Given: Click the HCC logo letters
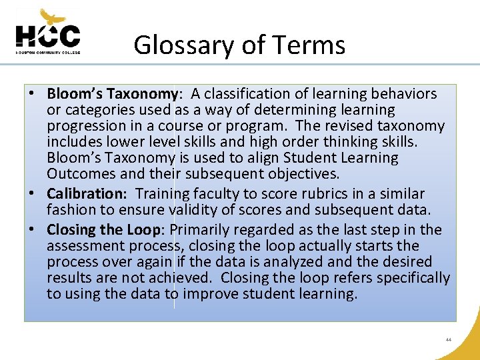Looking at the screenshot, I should point(47,36).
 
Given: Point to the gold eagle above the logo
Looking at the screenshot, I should point(53,16).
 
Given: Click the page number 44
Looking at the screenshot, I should point(449,339).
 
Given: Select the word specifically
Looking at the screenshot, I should point(411,278).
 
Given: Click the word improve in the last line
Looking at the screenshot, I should point(211,294).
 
